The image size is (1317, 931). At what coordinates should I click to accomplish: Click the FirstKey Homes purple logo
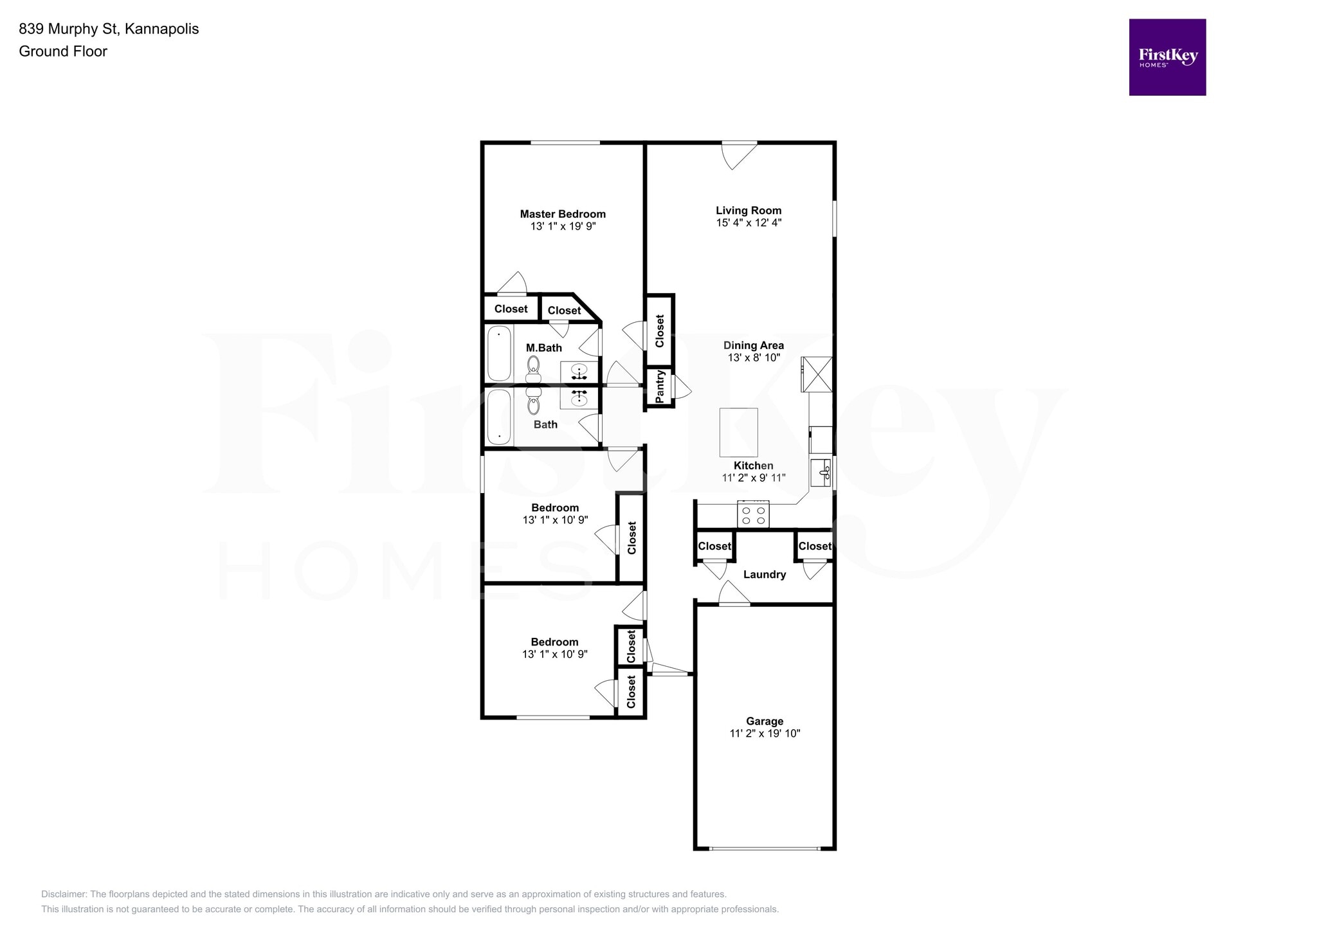pyautogui.click(x=1167, y=57)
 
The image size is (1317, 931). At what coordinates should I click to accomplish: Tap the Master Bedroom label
pyautogui.click(x=563, y=214)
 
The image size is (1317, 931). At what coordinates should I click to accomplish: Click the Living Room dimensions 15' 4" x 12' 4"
pyautogui.click(x=749, y=223)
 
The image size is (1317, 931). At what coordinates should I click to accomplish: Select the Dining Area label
pyautogui.click(x=754, y=345)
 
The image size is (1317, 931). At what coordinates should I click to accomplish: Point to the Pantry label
pyautogui.click(x=659, y=387)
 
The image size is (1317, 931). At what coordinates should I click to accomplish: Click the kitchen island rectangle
pyautogui.click(x=738, y=432)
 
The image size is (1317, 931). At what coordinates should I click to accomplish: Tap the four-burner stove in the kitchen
pyautogui.click(x=753, y=514)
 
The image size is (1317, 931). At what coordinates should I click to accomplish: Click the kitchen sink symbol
pyautogui.click(x=821, y=474)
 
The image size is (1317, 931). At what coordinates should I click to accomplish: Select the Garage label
pyautogui.click(x=765, y=721)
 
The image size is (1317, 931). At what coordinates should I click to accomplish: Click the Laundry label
pyautogui.click(x=764, y=575)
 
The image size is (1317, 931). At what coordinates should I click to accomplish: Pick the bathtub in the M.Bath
pyautogui.click(x=499, y=354)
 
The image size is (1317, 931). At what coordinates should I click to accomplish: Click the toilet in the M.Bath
pyautogui.click(x=533, y=367)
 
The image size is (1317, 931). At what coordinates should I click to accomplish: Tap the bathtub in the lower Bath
pyautogui.click(x=499, y=417)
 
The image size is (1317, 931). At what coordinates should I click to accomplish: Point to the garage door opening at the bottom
pyautogui.click(x=765, y=849)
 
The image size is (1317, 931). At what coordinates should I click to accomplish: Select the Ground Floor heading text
pyautogui.click(x=63, y=51)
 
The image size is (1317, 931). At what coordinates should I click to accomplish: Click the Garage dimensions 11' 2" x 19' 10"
pyautogui.click(x=765, y=734)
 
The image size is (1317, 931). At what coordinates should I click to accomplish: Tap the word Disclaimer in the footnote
pyautogui.click(x=64, y=894)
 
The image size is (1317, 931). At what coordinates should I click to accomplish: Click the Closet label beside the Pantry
pyautogui.click(x=659, y=330)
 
